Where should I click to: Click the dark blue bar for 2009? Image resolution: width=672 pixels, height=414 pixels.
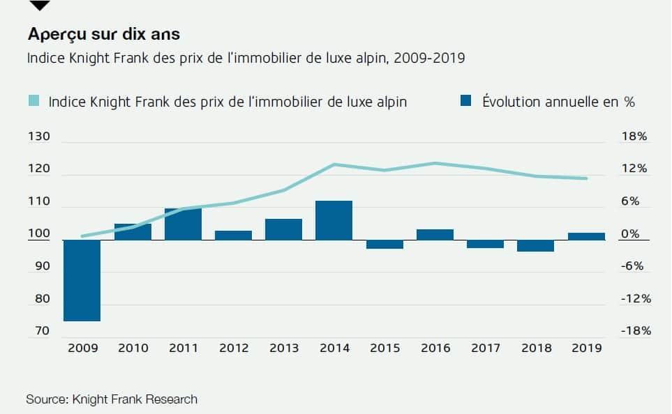pyautogui.click(x=82, y=280)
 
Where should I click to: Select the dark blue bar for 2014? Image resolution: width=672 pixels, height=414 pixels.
pyautogui.click(x=334, y=220)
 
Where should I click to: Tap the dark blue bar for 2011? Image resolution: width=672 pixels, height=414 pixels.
pyautogui.click(x=183, y=224)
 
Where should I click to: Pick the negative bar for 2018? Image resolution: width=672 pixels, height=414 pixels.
pyautogui.click(x=535, y=246)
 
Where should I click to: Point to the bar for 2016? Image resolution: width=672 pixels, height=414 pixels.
pyautogui.click(x=435, y=235)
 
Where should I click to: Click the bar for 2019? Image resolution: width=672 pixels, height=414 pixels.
pyautogui.click(x=586, y=236)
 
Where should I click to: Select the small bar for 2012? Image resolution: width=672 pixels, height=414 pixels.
pyautogui.click(x=233, y=236)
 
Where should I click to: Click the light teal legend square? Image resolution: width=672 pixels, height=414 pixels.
pyautogui.click(x=33, y=100)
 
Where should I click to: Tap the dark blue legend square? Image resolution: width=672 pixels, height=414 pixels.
pyautogui.click(x=466, y=100)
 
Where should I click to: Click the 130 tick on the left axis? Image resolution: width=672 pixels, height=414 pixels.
pyautogui.click(x=39, y=136)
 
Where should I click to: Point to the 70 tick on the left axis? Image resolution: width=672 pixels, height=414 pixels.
pyautogui.click(x=42, y=330)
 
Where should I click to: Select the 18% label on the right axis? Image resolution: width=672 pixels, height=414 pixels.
pyautogui.click(x=634, y=136)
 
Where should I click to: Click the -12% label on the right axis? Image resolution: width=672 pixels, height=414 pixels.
pyautogui.click(x=636, y=298)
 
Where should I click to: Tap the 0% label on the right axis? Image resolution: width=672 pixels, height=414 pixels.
pyautogui.click(x=630, y=233)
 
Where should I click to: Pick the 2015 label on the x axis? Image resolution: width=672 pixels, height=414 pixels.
pyautogui.click(x=385, y=348)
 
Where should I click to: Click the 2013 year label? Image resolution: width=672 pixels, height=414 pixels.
pyautogui.click(x=284, y=348)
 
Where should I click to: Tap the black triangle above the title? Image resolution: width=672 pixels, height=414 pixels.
pyautogui.click(x=40, y=5)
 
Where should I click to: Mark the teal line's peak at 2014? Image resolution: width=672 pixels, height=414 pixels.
pyautogui.click(x=334, y=164)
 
